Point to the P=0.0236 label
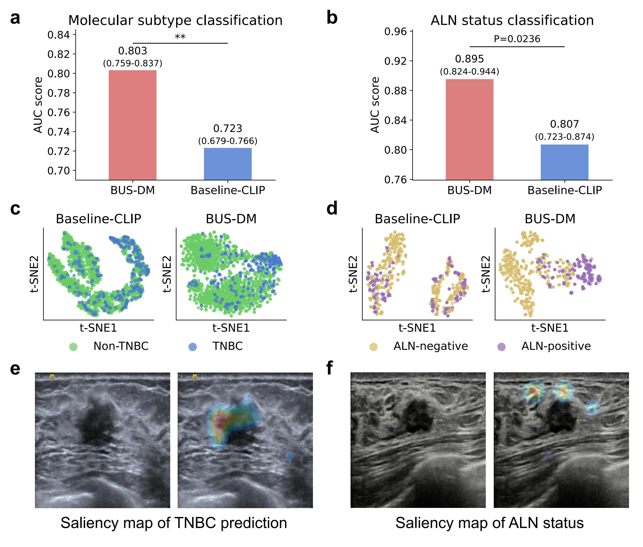tap(517, 39)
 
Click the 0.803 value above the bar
tap(133, 50)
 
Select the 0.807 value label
tap(564, 124)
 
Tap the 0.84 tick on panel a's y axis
tap(59, 35)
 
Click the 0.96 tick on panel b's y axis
tap(395, 31)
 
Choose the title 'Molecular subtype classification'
tap(175, 21)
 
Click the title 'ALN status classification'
tap(512, 21)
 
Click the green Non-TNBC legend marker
tap(73, 347)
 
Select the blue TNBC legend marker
tap(192, 347)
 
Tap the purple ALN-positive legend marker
tap(501, 347)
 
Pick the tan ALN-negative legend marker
tap(373, 347)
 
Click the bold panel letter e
tap(15, 369)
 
